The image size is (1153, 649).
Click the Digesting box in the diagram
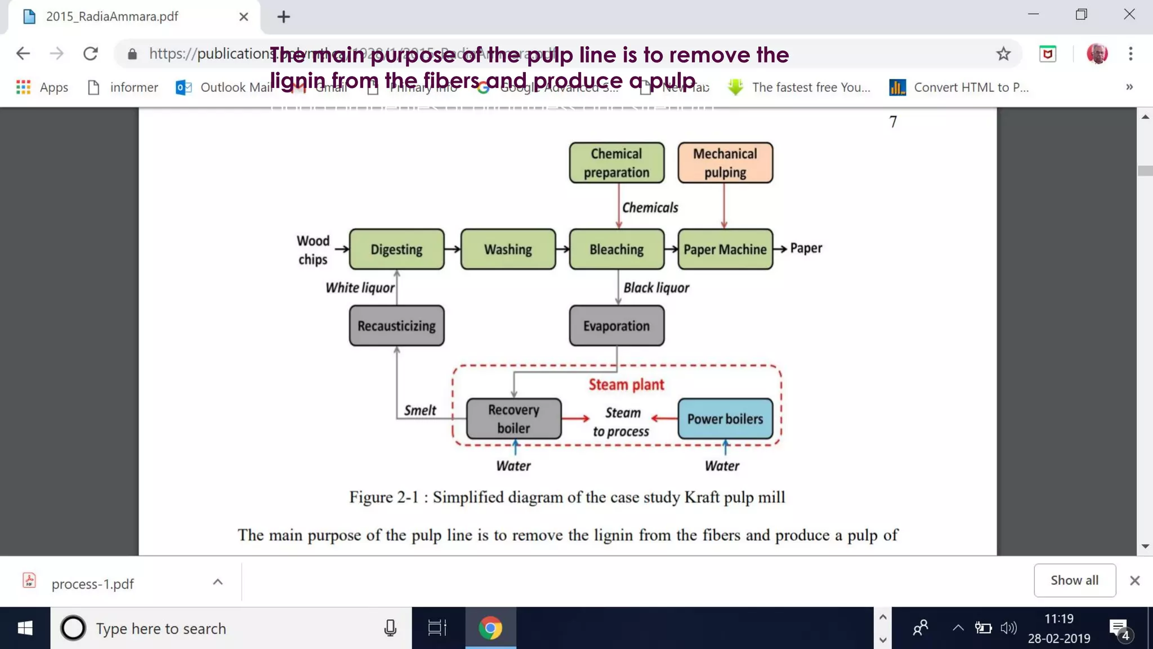pyautogui.click(x=396, y=249)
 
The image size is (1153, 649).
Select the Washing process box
pyautogui.click(x=508, y=249)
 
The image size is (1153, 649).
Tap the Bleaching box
pyautogui.click(x=616, y=249)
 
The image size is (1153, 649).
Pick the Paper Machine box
pyautogui.click(x=725, y=249)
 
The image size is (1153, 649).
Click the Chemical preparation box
pyautogui.click(x=616, y=163)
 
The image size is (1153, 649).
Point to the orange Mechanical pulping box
pyautogui.click(x=725, y=163)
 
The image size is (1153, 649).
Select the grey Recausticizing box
pyautogui.click(x=396, y=326)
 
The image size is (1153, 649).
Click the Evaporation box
pyautogui.click(x=616, y=326)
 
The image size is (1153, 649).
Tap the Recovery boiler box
pyautogui.click(x=513, y=419)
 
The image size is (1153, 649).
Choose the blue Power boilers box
pyautogui.click(x=725, y=419)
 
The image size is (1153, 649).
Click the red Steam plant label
pyautogui.click(x=626, y=385)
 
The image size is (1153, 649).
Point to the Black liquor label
pyautogui.click(x=656, y=288)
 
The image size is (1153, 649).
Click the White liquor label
pyautogui.click(x=360, y=288)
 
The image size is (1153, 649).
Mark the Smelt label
pyautogui.click(x=420, y=410)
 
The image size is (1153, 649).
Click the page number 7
pyautogui.click(x=893, y=122)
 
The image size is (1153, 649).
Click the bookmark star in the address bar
pyautogui.click(x=1003, y=54)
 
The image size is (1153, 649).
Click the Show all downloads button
pyautogui.click(x=1074, y=580)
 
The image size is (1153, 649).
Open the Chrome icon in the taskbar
pyautogui.click(x=490, y=628)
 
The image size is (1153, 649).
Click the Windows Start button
pyautogui.click(x=25, y=628)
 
